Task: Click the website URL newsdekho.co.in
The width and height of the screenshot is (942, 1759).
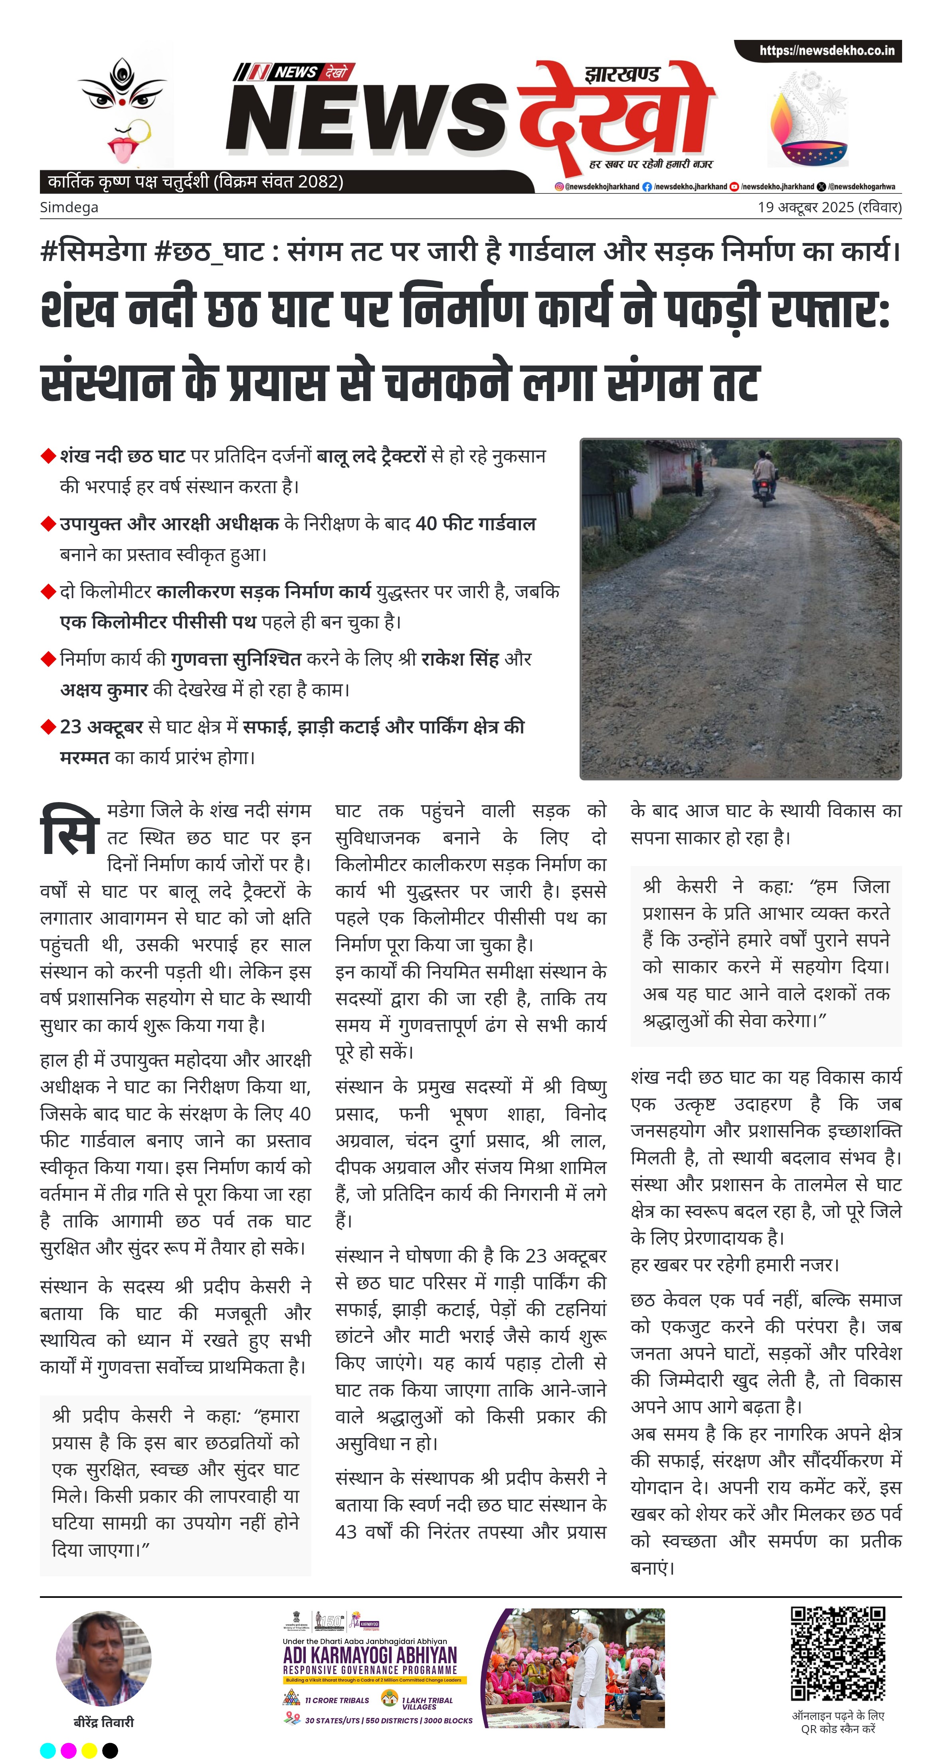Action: point(827,51)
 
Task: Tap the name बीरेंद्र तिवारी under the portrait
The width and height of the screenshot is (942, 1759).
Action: point(104,1722)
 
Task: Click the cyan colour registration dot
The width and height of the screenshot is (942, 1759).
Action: point(48,1750)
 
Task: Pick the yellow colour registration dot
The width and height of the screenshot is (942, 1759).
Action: point(89,1750)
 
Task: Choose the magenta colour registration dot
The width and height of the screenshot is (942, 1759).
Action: point(68,1750)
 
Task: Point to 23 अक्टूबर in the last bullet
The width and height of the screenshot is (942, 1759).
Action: point(101,727)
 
